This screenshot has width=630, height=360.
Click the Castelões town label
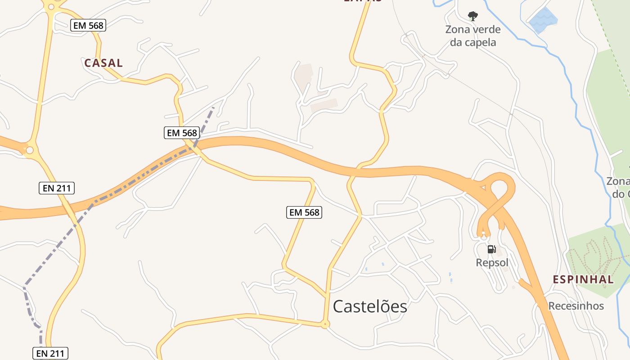click(x=370, y=306)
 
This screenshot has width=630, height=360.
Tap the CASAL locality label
click(x=103, y=63)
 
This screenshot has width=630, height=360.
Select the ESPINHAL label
click(x=583, y=279)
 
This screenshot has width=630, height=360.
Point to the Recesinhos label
click(x=576, y=306)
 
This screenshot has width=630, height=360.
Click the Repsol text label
click(x=492, y=262)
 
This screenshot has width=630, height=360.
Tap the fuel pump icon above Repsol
click(x=492, y=249)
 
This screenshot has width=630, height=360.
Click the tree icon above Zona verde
click(x=472, y=17)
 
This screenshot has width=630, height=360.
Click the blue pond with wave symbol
click(x=543, y=20)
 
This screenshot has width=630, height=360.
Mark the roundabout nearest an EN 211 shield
click(x=30, y=150)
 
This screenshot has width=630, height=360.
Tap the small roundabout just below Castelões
click(x=325, y=324)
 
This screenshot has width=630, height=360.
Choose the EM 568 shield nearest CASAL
click(x=88, y=26)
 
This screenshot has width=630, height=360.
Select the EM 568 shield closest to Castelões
click(x=304, y=212)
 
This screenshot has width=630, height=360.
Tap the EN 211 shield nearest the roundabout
click(x=57, y=188)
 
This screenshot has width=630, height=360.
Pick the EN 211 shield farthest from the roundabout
click(x=50, y=353)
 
